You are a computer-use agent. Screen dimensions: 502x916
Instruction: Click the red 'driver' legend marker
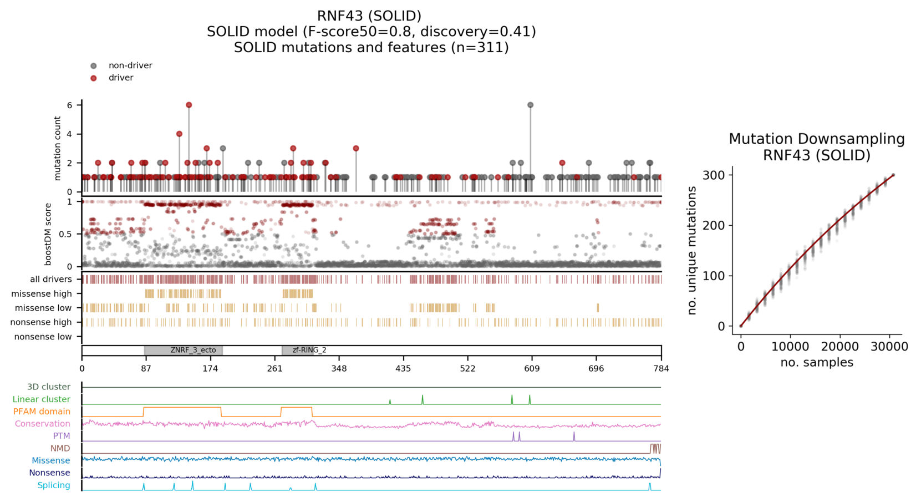point(94,78)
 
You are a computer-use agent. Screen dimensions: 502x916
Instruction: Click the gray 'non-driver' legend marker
point(94,66)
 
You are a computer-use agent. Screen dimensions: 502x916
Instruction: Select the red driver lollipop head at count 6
point(189,105)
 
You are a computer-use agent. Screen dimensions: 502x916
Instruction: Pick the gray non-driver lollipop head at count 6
point(531,105)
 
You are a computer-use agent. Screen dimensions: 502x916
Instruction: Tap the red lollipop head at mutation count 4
point(179,134)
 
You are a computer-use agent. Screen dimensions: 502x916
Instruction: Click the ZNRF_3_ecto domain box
point(184,351)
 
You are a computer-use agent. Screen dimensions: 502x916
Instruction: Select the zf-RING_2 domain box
point(298,351)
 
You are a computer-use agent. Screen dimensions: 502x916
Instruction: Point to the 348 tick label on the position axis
point(339,368)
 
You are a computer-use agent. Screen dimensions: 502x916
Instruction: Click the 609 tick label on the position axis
point(532,368)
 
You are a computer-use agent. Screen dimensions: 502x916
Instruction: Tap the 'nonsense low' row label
point(43,337)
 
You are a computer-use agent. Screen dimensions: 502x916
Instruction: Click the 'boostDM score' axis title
point(48,234)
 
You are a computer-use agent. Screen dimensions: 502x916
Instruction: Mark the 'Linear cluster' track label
point(41,399)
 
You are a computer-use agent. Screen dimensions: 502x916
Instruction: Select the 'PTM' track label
point(62,436)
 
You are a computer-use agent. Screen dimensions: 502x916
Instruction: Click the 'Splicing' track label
point(54,485)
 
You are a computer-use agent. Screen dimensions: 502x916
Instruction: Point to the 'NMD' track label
point(60,448)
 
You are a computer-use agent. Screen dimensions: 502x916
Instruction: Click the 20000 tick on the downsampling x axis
point(839,347)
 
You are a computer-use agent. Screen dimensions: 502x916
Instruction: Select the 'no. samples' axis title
point(816,363)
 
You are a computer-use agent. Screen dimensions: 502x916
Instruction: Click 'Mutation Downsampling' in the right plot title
point(816,139)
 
